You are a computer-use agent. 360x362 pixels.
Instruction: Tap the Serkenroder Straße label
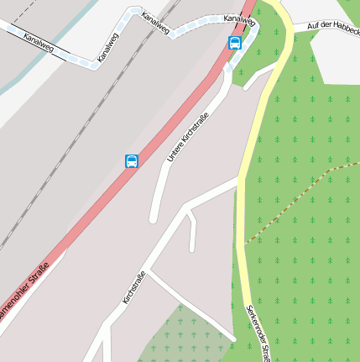pos(257,332)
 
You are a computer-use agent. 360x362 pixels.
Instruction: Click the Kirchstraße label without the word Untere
pos(134,287)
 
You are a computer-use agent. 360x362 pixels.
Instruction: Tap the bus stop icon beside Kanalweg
pos(235,43)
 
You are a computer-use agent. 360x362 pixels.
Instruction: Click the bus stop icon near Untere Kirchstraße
pos(132,161)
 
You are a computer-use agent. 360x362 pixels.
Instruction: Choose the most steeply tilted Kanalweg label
pos(108,48)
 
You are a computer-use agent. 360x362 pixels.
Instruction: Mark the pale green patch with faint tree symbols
pos(180,336)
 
